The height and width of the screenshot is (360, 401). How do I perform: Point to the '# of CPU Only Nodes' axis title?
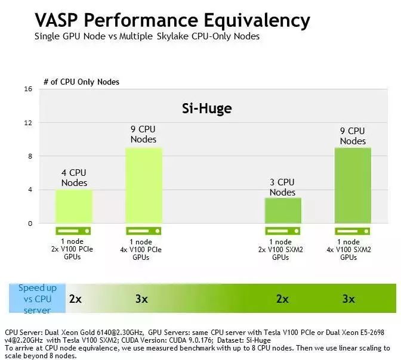tap(81, 81)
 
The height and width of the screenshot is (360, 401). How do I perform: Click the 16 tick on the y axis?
tap(27, 89)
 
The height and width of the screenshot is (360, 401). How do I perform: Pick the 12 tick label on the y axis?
tap(27, 123)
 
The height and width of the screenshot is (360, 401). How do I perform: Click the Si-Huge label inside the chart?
tap(206, 108)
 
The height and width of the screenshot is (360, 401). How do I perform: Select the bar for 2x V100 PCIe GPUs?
tap(74, 206)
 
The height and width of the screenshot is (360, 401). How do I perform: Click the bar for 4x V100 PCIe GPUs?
tap(143, 185)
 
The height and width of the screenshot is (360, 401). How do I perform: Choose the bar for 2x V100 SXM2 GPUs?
tap(283, 210)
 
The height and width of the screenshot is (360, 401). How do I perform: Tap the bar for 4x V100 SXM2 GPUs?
tap(353, 185)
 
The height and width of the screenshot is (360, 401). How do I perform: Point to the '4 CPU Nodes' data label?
tap(74, 178)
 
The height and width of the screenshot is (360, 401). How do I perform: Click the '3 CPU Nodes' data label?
tap(283, 187)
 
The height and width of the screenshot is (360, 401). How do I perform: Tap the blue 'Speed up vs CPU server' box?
tap(37, 299)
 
